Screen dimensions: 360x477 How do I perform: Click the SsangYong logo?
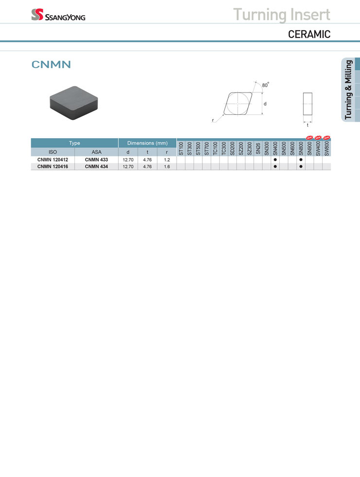(58, 15)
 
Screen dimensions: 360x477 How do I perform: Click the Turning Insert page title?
(282, 14)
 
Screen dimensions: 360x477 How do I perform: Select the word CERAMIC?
(309, 35)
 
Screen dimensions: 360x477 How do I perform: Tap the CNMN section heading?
(51, 64)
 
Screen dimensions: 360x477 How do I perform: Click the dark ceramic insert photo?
(74, 103)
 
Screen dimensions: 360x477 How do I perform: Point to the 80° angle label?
(266, 85)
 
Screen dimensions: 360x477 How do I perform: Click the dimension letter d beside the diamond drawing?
(265, 104)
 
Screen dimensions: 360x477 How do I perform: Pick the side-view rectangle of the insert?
(307, 104)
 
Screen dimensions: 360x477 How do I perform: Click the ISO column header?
(53, 152)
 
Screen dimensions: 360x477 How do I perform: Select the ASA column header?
(96, 152)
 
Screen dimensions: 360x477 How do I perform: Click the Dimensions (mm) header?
(147, 143)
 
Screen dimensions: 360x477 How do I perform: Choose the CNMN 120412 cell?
(53, 160)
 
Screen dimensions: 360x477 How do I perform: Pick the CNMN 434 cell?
(96, 166)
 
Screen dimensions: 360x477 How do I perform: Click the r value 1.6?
(167, 166)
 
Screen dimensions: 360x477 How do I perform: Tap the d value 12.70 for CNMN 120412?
(128, 160)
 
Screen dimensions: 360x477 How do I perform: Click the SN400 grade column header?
(275, 148)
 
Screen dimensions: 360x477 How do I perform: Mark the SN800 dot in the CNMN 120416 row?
(301, 166)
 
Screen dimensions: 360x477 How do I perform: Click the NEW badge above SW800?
(326, 137)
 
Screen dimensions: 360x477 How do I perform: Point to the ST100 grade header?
(181, 148)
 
